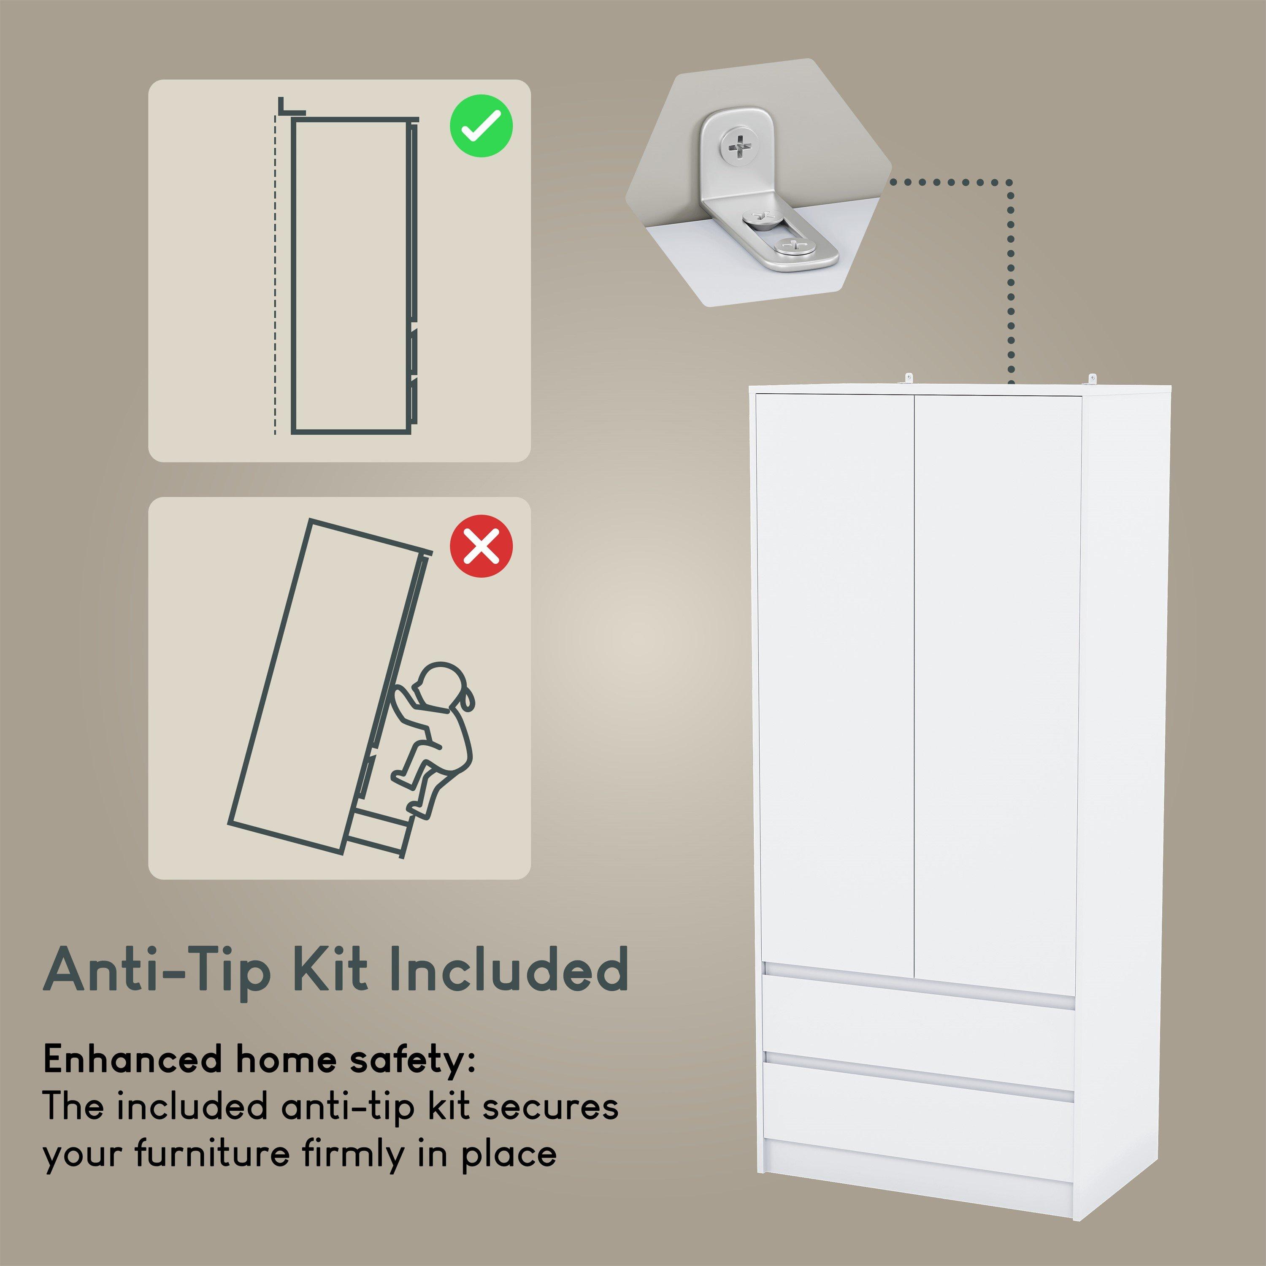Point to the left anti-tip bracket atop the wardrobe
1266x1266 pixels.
(909, 380)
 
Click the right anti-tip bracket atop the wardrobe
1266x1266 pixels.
(1091, 380)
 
